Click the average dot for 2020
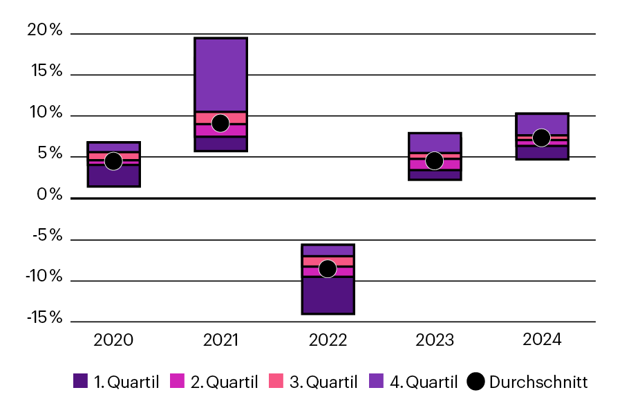tap(113, 160)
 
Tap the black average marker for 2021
tap(220, 123)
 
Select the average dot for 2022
tap(328, 268)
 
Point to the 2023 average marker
tap(434, 160)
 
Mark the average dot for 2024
tap(541, 138)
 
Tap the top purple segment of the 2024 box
tap(541, 122)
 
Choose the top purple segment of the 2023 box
tap(434, 141)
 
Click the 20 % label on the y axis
tap(45, 30)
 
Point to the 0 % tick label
tap(49, 195)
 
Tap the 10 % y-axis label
tap(45, 113)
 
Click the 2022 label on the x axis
tap(328, 340)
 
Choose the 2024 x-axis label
tap(542, 340)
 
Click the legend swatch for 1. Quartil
tap(80, 382)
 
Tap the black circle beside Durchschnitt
tap(475, 382)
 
